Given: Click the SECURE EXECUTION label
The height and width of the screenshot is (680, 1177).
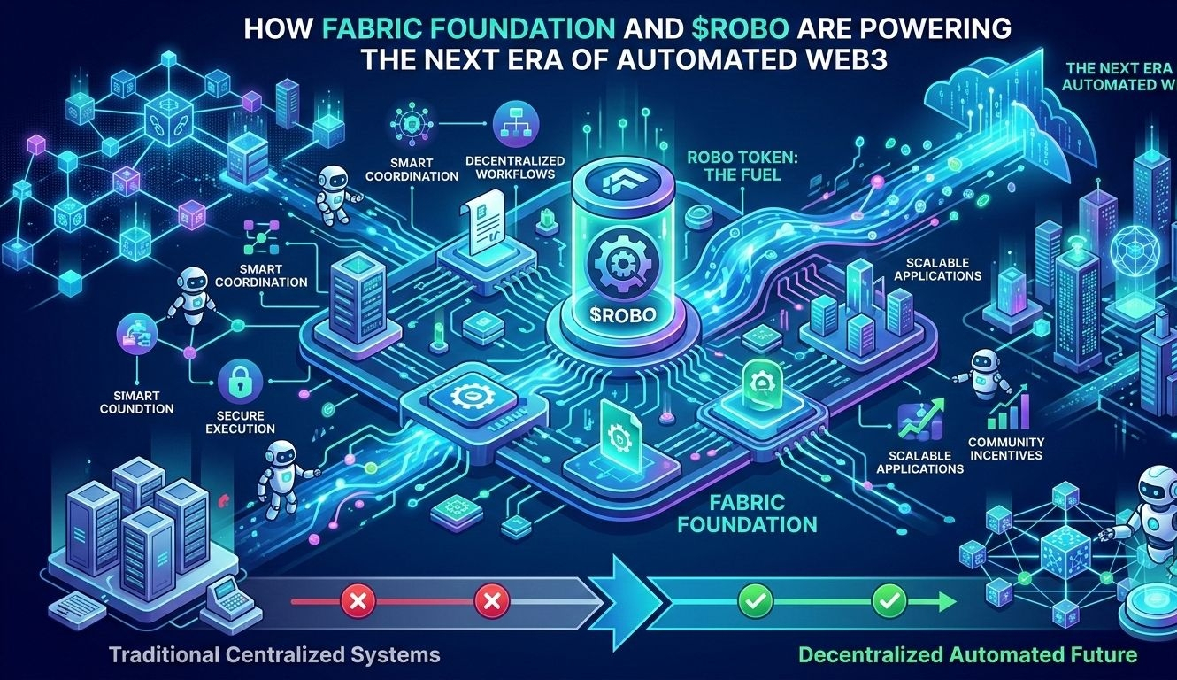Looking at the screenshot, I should (240, 421).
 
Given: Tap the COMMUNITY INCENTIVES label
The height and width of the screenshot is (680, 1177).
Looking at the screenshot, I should (1006, 448).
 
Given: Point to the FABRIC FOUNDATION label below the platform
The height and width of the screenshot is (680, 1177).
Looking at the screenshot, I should (760, 513).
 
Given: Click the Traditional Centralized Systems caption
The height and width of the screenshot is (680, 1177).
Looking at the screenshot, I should (274, 655).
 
